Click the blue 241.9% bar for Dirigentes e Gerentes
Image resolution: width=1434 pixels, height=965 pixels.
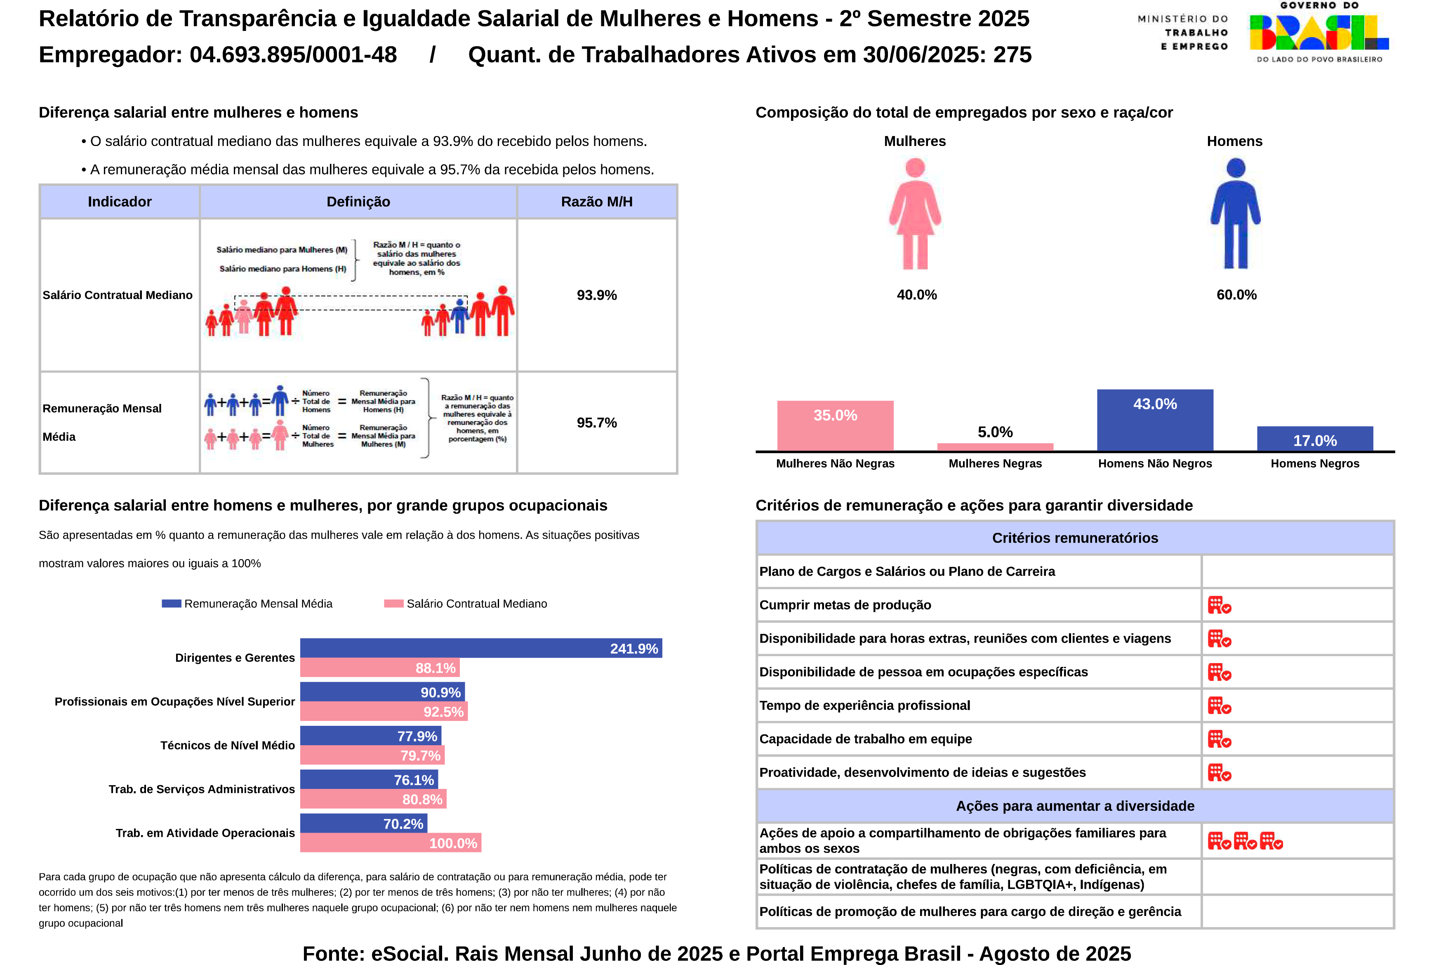480,648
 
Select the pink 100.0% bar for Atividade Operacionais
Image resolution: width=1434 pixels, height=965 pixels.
390,843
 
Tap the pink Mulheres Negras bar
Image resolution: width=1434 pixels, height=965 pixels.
995,447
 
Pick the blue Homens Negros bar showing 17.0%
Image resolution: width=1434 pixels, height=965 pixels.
1314,439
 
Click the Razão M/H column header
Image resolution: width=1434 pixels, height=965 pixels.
596,202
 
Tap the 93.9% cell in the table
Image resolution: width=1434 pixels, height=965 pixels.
596,295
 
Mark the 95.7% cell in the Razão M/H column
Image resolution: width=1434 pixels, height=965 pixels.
596,423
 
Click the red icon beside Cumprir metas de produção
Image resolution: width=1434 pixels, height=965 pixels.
1219,605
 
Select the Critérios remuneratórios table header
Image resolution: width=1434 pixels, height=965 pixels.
1075,538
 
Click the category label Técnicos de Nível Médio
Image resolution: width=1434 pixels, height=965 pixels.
227,745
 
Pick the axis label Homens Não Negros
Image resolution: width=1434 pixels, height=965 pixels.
1155,464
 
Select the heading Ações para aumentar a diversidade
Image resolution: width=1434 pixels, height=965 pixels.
1075,806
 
